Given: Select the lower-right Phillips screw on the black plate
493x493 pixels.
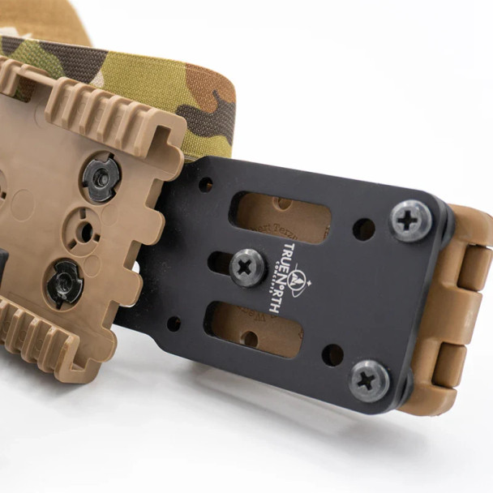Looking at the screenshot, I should (370, 379).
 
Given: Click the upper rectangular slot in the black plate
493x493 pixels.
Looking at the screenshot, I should (281, 216).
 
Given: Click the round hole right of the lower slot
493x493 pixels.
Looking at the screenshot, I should (332, 354).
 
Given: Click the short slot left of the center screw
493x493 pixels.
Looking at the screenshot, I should (217, 261).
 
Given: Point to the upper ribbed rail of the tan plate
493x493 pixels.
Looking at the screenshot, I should (114, 114).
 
